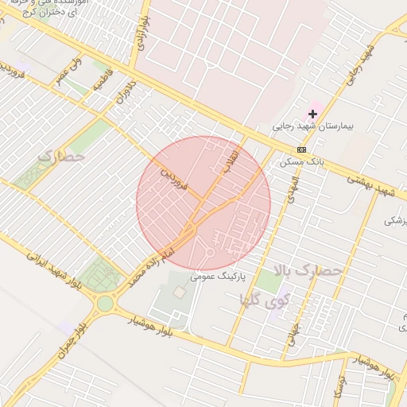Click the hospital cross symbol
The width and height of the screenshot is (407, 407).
click(x=312, y=114)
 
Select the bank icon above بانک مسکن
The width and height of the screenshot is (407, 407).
click(x=301, y=149)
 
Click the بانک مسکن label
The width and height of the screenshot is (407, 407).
click(x=299, y=161)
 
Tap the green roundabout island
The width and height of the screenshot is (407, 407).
click(x=105, y=303)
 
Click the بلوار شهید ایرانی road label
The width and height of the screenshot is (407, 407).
click(x=53, y=269)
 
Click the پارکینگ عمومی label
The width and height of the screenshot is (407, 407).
click(x=219, y=277)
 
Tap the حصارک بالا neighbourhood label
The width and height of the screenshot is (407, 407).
click(x=306, y=271)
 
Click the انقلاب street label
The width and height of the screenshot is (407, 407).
click(x=231, y=159)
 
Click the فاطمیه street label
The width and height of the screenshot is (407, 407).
click(x=103, y=80)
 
